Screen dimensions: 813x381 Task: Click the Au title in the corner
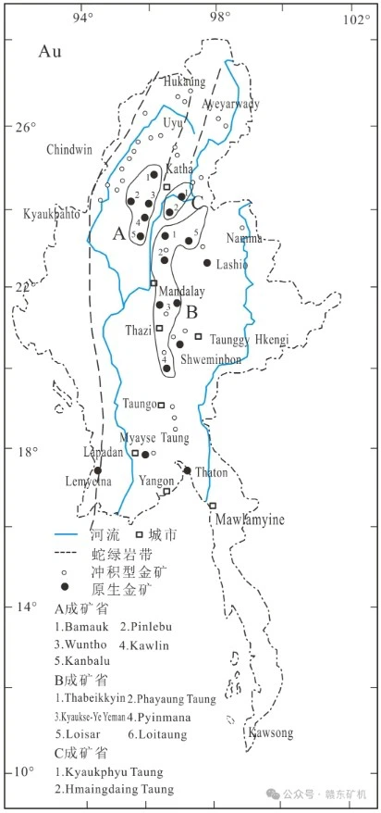point(50,52)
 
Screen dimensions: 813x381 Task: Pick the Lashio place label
point(232,264)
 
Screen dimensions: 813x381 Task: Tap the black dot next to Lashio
point(207,262)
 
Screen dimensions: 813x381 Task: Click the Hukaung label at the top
point(184,82)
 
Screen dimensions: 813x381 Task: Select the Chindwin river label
point(69,149)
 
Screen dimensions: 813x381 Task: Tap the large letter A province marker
point(118,235)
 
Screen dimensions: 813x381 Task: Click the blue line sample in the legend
point(65,535)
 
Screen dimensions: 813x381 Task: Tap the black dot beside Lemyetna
point(98,470)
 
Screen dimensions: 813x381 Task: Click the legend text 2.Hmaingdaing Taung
point(114,789)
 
